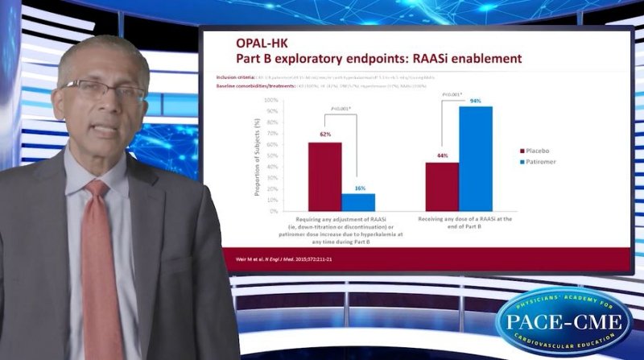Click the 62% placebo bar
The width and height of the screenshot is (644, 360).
pyautogui.click(x=325, y=176)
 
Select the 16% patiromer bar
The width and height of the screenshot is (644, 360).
pyautogui.click(x=358, y=202)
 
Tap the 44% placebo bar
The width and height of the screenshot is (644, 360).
pyautogui.click(x=442, y=187)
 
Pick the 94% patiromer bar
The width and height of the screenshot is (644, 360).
pyautogui.click(x=476, y=159)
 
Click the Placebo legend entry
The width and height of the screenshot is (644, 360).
pyautogui.click(x=538, y=150)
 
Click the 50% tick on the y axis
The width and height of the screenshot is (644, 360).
pyautogui.click(x=273, y=155)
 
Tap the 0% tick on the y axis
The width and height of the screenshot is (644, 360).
pyautogui.click(x=275, y=211)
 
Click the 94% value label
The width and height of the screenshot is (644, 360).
pyautogui.click(x=476, y=101)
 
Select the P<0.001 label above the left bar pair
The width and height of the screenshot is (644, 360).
pyautogui.click(x=341, y=109)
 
